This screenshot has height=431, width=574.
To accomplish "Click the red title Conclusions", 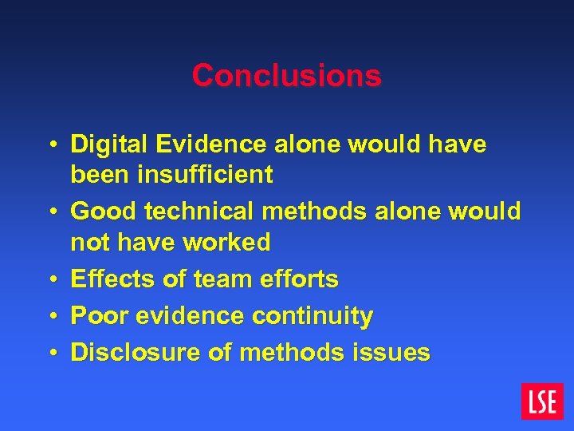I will coord(287,76).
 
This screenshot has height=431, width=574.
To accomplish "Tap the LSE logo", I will coord(542,401).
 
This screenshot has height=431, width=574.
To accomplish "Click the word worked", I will coord(228,241).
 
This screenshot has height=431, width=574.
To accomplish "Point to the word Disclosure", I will coord(124,352).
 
